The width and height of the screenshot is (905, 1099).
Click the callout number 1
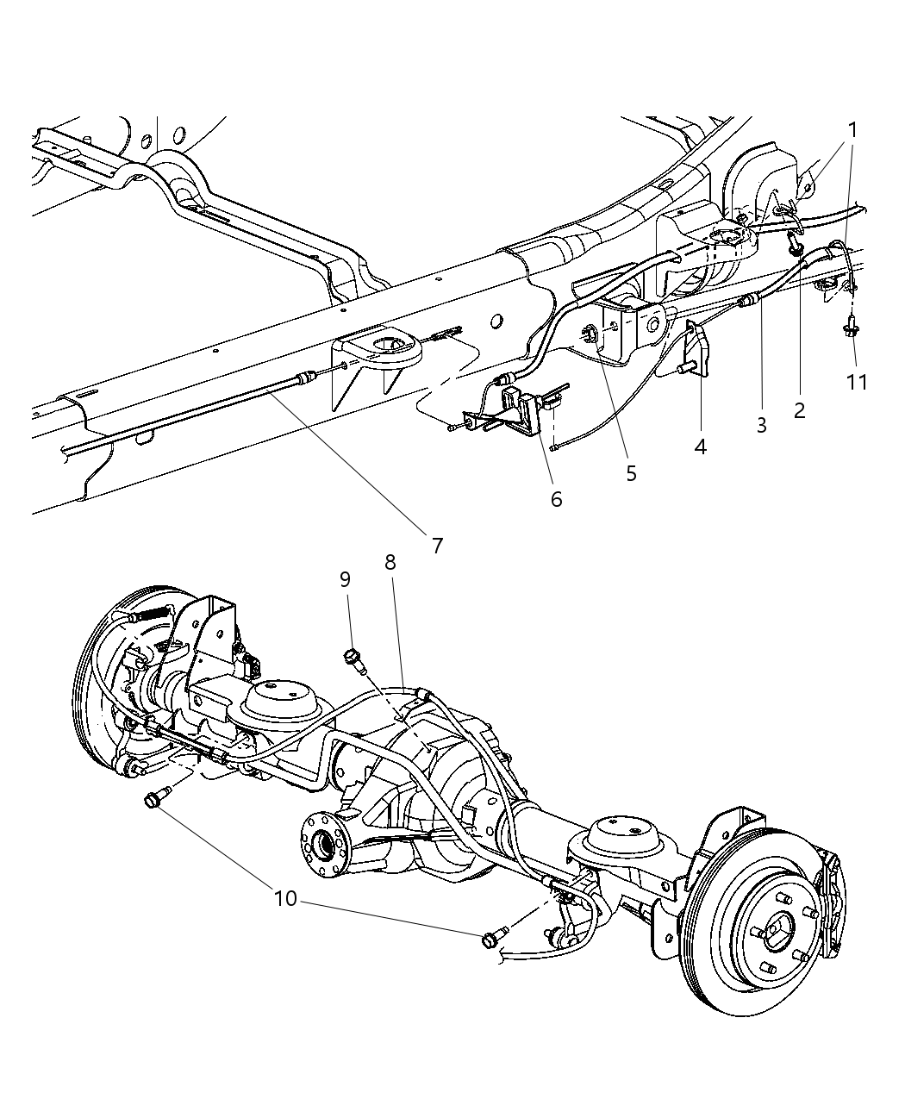pos(852,130)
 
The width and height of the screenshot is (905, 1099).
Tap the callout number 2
pos(799,411)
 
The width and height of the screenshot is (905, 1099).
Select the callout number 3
pos(761,425)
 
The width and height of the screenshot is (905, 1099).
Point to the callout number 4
pos(700,446)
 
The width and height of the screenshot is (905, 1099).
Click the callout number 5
pos(631,473)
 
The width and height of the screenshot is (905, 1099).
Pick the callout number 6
pos(556,499)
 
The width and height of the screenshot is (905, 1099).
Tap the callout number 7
pos(437,545)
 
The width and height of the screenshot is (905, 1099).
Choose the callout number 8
pos(390,562)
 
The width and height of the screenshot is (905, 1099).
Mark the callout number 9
pos(345,579)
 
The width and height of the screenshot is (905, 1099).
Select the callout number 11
pos(856,381)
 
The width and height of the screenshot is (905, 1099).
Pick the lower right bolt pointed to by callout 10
pos(492,938)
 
